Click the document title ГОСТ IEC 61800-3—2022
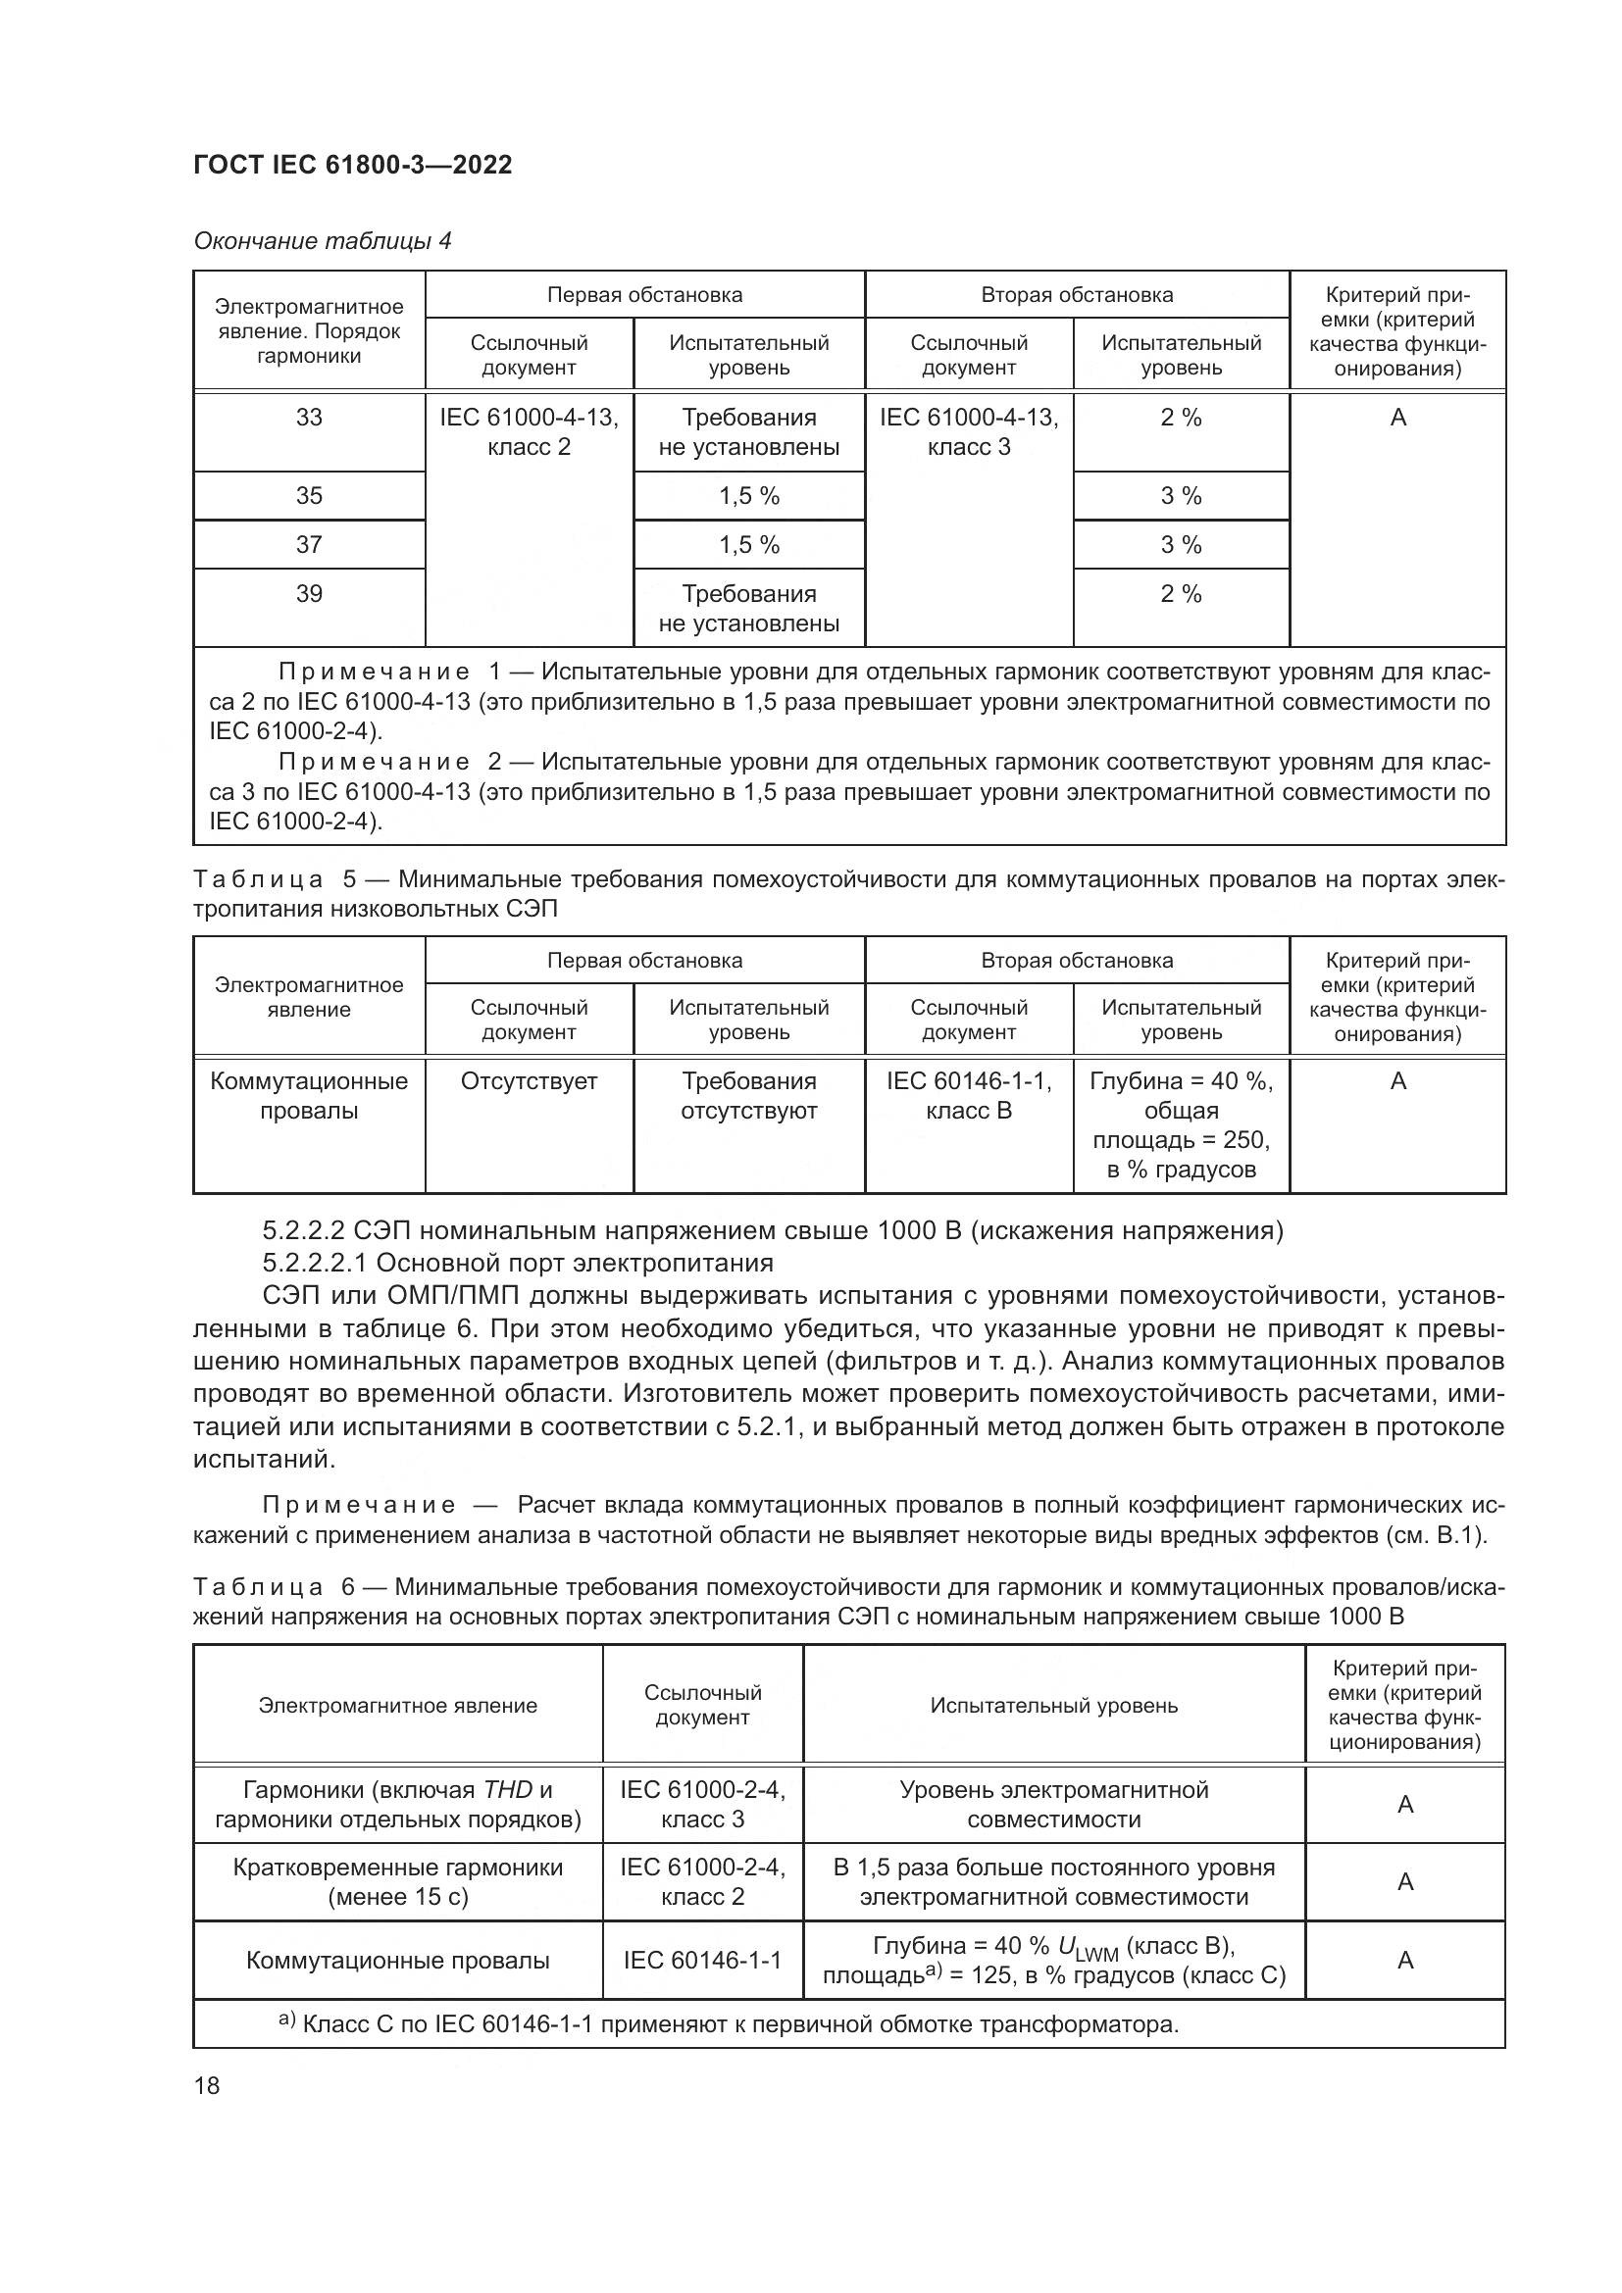pyautogui.click(x=352, y=165)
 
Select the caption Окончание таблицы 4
pyautogui.click(x=322, y=241)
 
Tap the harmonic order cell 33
pyautogui.click(x=309, y=418)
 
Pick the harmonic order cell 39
pyautogui.click(x=309, y=594)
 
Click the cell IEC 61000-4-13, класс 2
pyautogui.click(x=529, y=431)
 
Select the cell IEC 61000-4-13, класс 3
pyautogui.click(x=968, y=431)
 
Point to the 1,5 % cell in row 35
pyautogui.click(x=748, y=496)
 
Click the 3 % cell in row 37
pyautogui.click(x=1181, y=545)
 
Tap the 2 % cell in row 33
pyautogui.click(x=1181, y=418)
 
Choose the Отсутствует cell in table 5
pyautogui.click(x=529, y=1081)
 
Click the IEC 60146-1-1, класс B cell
pyautogui.click(x=968, y=1096)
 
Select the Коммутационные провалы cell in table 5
pyautogui.click(x=309, y=1096)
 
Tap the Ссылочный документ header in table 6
pyautogui.click(x=702, y=1705)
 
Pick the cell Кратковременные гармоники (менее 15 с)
pyautogui.click(x=397, y=1881)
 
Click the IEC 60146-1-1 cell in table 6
pyautogui.click(x=702, y=1960)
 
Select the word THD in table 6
pyautogui.click(x=507, y=1790)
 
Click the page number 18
pyautogui.click(x=207, y=2085)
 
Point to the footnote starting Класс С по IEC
pyautogui.click(x=739, y=2024)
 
